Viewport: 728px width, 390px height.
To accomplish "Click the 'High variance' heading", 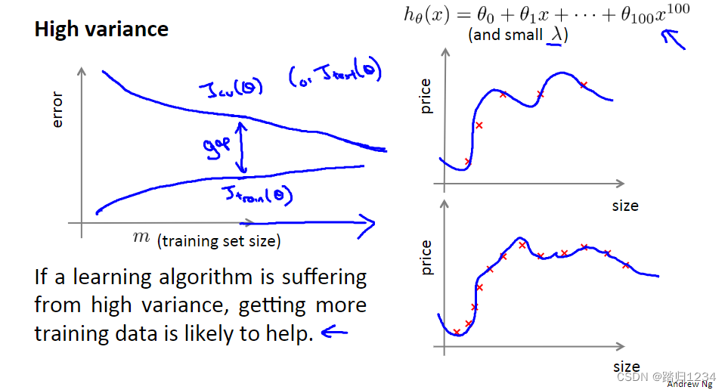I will click(x=101, y=29).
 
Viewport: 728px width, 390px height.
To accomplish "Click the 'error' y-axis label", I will click(x=57, y=110).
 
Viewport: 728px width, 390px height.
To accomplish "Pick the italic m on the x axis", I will click(x=141, y=237).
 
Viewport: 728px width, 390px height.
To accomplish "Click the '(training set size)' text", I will click(x=218, y=241).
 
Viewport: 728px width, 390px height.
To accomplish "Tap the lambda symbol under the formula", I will click(x=553, y=35).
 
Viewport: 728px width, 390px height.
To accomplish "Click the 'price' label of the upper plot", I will click(x=426, y=97).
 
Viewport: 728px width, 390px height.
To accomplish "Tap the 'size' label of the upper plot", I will click(x=625, y=206).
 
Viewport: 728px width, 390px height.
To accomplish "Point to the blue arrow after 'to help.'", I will click(x=335, y=332).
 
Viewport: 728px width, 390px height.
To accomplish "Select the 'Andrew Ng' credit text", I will click(x=689, y=384).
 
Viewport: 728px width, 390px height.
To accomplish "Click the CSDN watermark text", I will click(x=666, y=376).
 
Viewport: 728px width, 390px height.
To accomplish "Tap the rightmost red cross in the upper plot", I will click(x=584, y=85).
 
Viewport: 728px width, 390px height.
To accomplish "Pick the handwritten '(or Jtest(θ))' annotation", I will click(x=335, y=74).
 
